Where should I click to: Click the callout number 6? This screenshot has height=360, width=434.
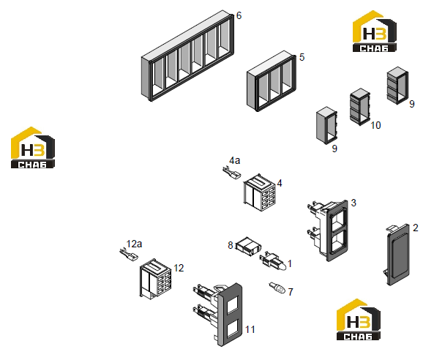[239, 16]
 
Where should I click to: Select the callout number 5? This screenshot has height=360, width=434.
[302, 57]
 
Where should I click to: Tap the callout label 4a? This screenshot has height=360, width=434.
[235, 160]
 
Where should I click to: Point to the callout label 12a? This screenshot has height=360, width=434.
[134, 244]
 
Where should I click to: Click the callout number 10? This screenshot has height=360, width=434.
[375, 125]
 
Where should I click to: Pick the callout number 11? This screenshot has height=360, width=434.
[250, 329]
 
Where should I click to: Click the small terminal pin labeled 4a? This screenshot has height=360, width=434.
[232, 173]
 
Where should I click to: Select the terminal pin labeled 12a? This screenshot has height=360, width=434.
[129, 255]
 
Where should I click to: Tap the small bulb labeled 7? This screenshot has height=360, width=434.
[277, 288]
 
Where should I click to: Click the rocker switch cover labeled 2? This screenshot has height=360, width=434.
[398, 255]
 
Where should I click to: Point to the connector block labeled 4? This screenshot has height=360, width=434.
[259, 192]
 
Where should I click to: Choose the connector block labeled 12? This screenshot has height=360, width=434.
[156, 279]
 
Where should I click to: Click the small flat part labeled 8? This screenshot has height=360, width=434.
[248, 247]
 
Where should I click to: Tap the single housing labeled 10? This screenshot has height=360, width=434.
[360, 107]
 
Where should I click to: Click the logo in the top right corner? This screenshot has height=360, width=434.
[374, 31]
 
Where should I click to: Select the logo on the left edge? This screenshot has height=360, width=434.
[33, 148]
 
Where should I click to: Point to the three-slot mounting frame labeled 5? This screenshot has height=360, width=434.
[272, 81]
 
